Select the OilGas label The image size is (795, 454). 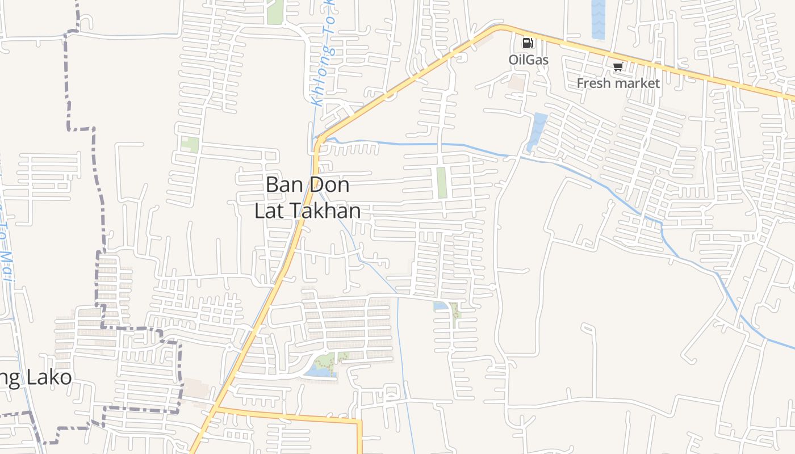point(528,59)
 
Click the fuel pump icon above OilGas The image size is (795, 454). point(528,43)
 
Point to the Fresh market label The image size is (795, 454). point(618,83)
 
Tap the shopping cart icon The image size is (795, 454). point(618,67)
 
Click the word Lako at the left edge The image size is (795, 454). point(48,378)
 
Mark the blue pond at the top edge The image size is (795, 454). point(599,20)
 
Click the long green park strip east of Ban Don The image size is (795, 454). point(442,183)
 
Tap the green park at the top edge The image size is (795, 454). point(275,11)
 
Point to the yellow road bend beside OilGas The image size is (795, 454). point(500,27)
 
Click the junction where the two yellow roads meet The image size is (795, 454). point(216,408)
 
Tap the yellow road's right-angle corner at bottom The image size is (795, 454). point(359,422)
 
